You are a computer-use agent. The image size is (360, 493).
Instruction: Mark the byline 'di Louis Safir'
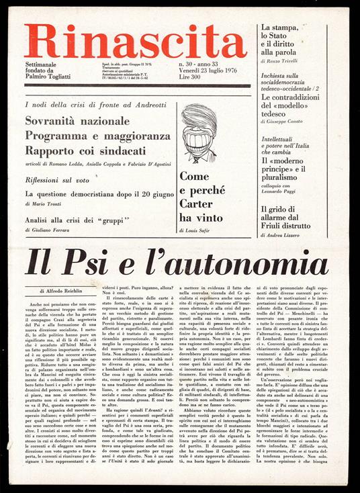[x=199, y=230]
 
